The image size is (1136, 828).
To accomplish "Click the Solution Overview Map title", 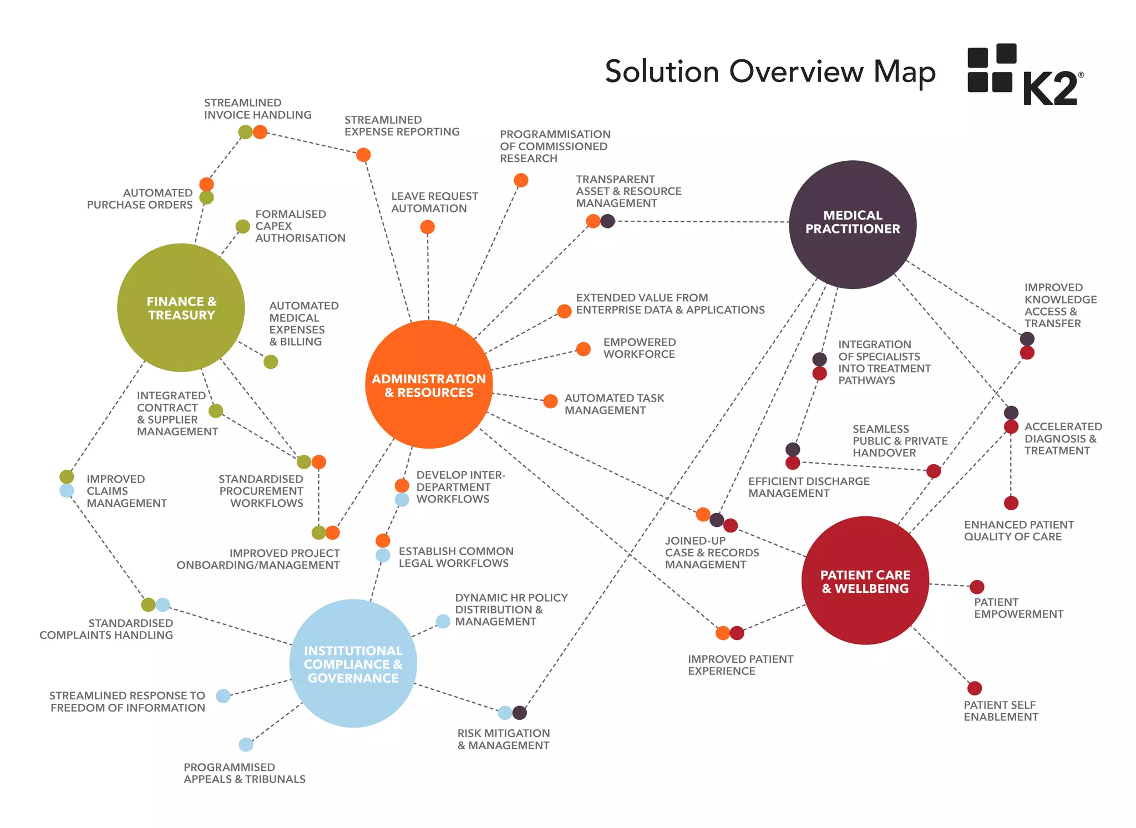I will (x=770, y=72).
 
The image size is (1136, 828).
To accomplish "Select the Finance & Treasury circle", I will (x=181, y=308).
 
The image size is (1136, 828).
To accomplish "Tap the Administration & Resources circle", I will (x=429, y=384).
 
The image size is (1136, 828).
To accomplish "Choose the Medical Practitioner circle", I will (x=853, y=224).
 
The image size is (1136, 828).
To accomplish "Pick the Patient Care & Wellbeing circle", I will (x=865, y=581).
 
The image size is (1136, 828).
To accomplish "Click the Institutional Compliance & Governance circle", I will (x=353, y=663).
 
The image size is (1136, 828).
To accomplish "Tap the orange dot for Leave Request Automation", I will (x=427, y=227).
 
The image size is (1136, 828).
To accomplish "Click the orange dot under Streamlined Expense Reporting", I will (x=363, y=155).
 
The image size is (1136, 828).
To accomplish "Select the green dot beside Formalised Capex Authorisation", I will (x=242, y=226).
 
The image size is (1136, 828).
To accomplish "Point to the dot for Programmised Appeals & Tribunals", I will (x=246, y=744).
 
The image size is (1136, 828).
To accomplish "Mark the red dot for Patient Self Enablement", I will (x=975, y=688).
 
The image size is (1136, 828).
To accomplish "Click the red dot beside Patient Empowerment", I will (x=977, y=587).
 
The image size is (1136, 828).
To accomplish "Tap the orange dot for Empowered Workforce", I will (x=583, y=349).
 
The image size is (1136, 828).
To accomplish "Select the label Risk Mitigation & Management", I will (x=503, y=739).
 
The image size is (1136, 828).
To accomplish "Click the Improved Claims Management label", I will (x=126, y=491).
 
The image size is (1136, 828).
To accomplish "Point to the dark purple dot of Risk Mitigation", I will (x=520, y=713).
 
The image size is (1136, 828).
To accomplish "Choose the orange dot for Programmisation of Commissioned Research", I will (x=521, y=180).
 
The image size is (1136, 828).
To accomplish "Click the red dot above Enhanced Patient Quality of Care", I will (x=1011, y=503).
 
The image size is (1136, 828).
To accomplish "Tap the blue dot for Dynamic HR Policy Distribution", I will (x=443, y=621).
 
